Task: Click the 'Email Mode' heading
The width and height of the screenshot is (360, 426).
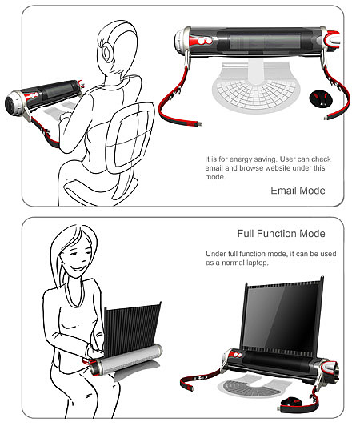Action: [x=298, y=191]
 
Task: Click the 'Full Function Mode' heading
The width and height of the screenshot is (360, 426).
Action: [x=282, y=234]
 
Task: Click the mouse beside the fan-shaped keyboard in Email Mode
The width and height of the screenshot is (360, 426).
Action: [x=321, y=98]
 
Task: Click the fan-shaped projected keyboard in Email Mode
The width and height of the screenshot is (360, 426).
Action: [x=256, y=87]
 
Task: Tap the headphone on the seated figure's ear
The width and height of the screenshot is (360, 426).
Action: [x=106, y=51]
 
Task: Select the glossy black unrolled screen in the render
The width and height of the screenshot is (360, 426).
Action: [x=282, y=316]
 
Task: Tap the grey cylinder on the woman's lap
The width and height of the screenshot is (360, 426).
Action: [x=128, y=359]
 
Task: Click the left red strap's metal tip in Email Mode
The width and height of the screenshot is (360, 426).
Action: [x=199, y=124]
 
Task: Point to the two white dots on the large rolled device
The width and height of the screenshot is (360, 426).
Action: [x=205, y=41]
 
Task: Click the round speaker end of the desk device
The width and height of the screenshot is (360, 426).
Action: [x=12, y=103]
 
